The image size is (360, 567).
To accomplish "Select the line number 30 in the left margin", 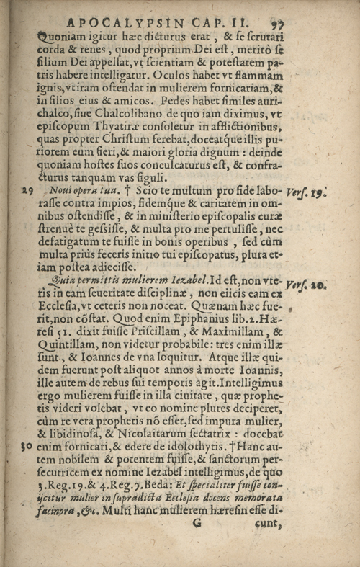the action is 27,447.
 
